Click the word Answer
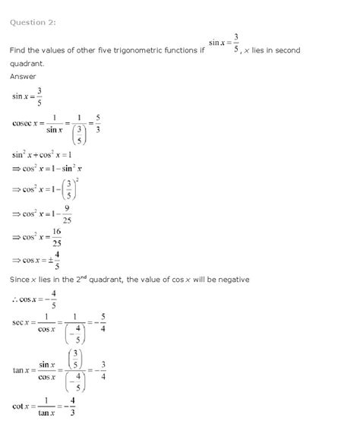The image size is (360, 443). [24, 77]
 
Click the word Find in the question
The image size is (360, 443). [17, 50]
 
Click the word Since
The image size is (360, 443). [21, 280]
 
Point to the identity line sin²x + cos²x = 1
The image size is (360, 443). [46, 154]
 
